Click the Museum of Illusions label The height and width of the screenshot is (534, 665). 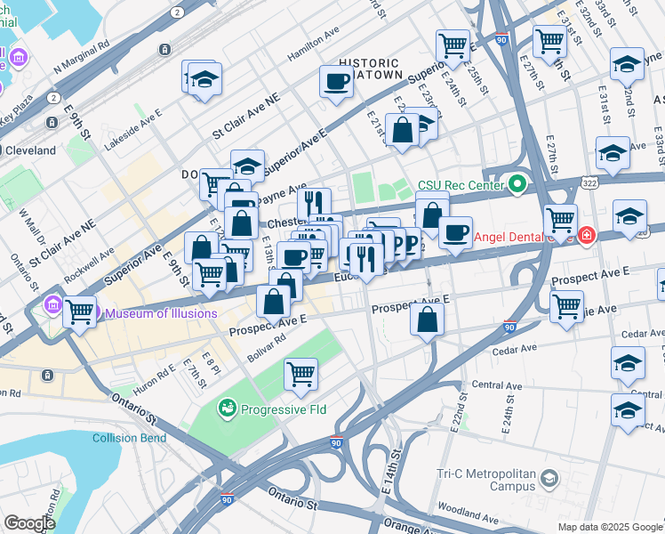click(161, 313)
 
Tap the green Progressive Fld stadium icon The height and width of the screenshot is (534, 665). click(227, 409)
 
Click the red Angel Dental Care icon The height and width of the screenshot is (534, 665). click(586, 237)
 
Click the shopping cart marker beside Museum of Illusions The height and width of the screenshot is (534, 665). click(79, 311)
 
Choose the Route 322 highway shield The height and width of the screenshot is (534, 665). click(589, 182)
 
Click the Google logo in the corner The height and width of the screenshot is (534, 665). click(29, 523)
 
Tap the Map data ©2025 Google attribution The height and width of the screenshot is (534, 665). click(609, 527)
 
